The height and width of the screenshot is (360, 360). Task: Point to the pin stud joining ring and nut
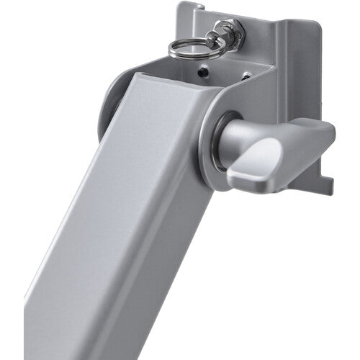point(213,40)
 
